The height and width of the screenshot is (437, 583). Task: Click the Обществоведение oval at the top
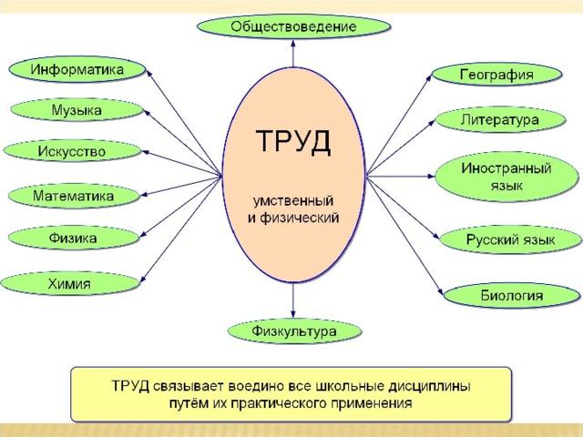(x=293, y=26)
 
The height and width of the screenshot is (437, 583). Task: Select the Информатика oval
(x=77, y=69)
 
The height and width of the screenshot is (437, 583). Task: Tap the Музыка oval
(x=77, y=110)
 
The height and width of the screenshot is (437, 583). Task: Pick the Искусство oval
(x=72, y=151)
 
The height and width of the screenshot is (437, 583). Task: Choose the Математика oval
(x=74, y=196)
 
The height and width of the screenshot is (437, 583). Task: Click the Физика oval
(x=73, y=239)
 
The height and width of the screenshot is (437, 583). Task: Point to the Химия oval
(x=70, y=284)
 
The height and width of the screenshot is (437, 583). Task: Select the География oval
(x=496, y=75)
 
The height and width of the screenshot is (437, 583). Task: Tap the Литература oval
(x=500, y=120)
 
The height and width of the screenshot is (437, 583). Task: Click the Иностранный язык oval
(x=506, y=177)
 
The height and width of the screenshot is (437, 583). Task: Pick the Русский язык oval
(x=510, y=239)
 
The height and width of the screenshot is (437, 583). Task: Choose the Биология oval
(x=512, y=296)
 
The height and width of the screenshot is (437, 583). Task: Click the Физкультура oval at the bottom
(x=294, y=330)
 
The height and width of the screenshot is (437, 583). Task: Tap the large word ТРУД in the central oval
(x=293, y=141)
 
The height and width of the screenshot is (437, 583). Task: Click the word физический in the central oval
(x=300, y=218)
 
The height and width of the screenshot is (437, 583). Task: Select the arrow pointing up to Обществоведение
(x=293, y=54)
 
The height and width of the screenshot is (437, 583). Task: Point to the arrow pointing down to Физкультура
(x=293, y=300)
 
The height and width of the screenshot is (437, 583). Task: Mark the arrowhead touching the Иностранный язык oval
(x=431, y=176)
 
